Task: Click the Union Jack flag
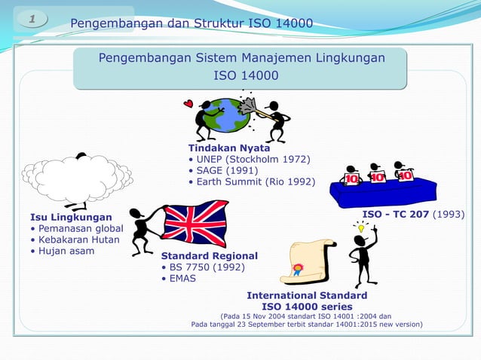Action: [x=195, y=223]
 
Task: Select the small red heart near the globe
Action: [x=188, y=104]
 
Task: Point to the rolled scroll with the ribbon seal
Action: [x=309, y=261]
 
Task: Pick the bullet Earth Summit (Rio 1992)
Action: [x=255, y=182]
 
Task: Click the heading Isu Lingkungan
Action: [x=66, y=218]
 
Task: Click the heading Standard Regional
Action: [x=209, y=255]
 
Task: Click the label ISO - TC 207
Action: [x=396, y=215]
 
